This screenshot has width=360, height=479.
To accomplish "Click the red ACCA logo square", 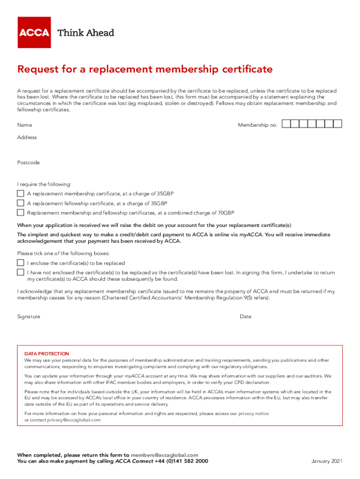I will click(34, 32).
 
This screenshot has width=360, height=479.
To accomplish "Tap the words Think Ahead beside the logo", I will click(86, 33).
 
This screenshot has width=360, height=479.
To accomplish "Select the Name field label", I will click(24, 125).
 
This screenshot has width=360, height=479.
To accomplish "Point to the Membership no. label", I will click(258, 125).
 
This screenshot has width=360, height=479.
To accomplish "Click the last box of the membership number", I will click(338, 124).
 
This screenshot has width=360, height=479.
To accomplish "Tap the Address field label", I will click(27, 138).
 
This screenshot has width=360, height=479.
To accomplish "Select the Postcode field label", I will click(28, 163).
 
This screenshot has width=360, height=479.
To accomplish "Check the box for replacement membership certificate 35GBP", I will click(21, 193).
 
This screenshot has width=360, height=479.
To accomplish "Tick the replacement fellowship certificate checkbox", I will click(21, 203).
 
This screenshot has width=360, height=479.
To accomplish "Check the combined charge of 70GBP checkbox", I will click(21, 212).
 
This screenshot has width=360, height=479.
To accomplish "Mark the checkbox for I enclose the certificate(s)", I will click(21, 262).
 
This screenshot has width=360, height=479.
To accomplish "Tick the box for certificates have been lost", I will click(21, 272).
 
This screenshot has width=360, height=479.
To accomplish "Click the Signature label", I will click(29, 317).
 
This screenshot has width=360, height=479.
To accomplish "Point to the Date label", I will click(245, 317).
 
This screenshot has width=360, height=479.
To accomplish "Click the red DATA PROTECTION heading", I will click(46, 354).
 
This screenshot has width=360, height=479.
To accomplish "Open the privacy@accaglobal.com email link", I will click(73, 420).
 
